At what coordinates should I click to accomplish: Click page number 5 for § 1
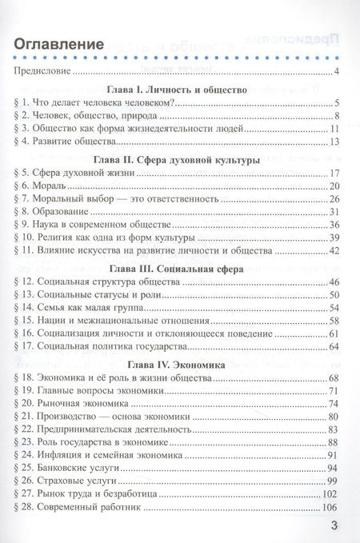coord(339,103)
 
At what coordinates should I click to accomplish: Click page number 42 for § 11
coord(336,250)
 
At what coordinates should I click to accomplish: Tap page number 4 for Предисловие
coord(339,73)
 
